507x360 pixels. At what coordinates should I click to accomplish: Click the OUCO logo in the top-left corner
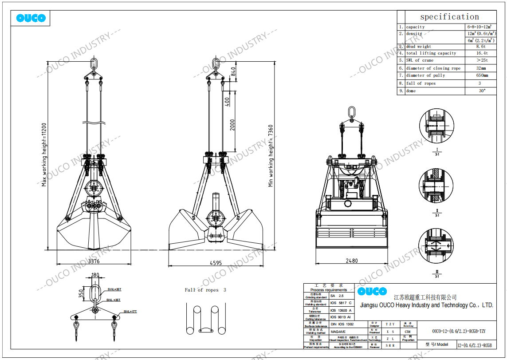pos(31,18)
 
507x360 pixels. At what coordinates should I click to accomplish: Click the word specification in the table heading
pos(449,17)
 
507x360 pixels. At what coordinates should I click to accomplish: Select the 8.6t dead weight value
pos(480,46)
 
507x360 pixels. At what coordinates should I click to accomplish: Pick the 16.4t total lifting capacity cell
pos(480,53)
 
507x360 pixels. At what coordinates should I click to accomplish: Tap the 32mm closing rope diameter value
pos(481,68)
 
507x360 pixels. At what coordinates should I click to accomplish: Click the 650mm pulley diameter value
pos(481,75)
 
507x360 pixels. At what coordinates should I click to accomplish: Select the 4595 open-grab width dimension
pos(216,263)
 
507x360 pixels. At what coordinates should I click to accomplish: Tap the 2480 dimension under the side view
pos(351,261)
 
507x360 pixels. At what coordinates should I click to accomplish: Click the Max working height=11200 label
pos(44,154)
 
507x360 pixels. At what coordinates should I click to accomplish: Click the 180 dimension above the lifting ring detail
pos(95,275)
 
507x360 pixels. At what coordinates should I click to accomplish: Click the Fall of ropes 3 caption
pos(205,290)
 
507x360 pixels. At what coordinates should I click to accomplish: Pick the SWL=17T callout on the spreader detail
pos(130,311)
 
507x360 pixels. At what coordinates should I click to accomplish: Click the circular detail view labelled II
pos(436,186)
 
